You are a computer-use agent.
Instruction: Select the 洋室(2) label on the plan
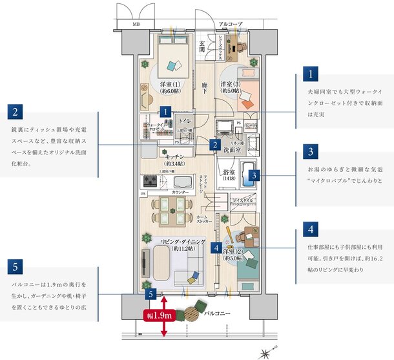[x=234, y=253]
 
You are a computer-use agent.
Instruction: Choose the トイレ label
[x=184, y=121]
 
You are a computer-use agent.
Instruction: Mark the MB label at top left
[x=136, y=25]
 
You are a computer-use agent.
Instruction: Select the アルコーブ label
[x=230, y=25]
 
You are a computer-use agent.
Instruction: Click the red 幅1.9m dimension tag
[x=158, y=315]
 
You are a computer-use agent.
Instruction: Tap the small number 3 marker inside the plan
[x=254, y=175]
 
